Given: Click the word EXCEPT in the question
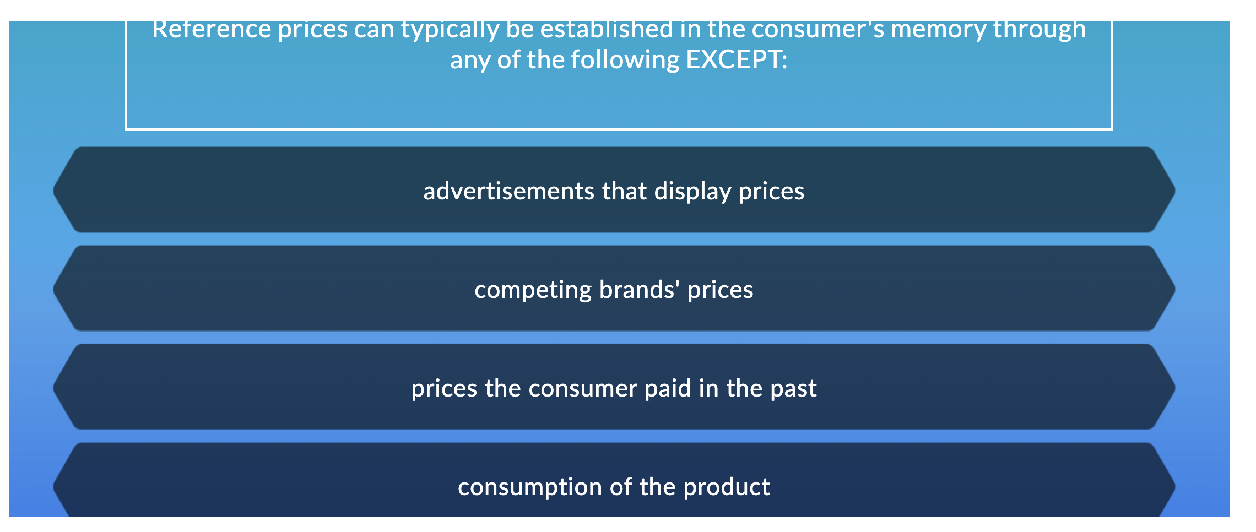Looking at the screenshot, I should tap(736, 59).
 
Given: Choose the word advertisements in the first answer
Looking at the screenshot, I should tap(508, 191).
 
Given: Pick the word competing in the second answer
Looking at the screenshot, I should tap(532, 290).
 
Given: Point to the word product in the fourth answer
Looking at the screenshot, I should tap(727, 487).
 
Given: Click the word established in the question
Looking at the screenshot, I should tap(607, 30).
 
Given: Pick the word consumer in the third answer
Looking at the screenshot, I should tap(583, 388).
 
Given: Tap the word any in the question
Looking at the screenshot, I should tap(470, 59).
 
